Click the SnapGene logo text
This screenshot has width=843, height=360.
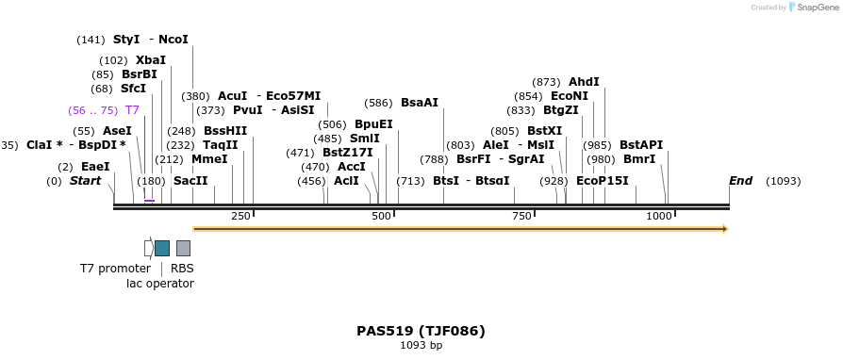coord(814,8)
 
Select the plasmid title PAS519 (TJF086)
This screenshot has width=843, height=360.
coord(421,331)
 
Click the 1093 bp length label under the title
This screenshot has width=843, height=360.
coord(421,346)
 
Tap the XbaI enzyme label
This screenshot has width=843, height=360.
coord(151,60)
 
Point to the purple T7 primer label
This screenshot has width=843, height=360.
coord(132,110)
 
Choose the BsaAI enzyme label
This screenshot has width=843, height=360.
coord(420,103)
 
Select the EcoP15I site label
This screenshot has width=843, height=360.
coord(602,181)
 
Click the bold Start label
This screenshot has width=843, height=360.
coord(85,181)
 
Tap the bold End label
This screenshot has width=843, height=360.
coord(740,181)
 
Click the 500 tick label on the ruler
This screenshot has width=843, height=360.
coord(381,217)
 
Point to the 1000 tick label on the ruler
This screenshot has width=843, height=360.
coord(658,217)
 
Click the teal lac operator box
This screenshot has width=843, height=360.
coord(162,248)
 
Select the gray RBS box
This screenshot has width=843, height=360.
coord(183,248)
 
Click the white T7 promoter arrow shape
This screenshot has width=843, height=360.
coord(148,248)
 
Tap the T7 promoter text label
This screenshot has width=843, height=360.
coord(115,269)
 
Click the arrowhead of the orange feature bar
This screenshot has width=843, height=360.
coord(724,229)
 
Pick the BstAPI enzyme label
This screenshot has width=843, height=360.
coord(641,145)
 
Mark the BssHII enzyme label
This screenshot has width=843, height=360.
coord(225,131)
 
